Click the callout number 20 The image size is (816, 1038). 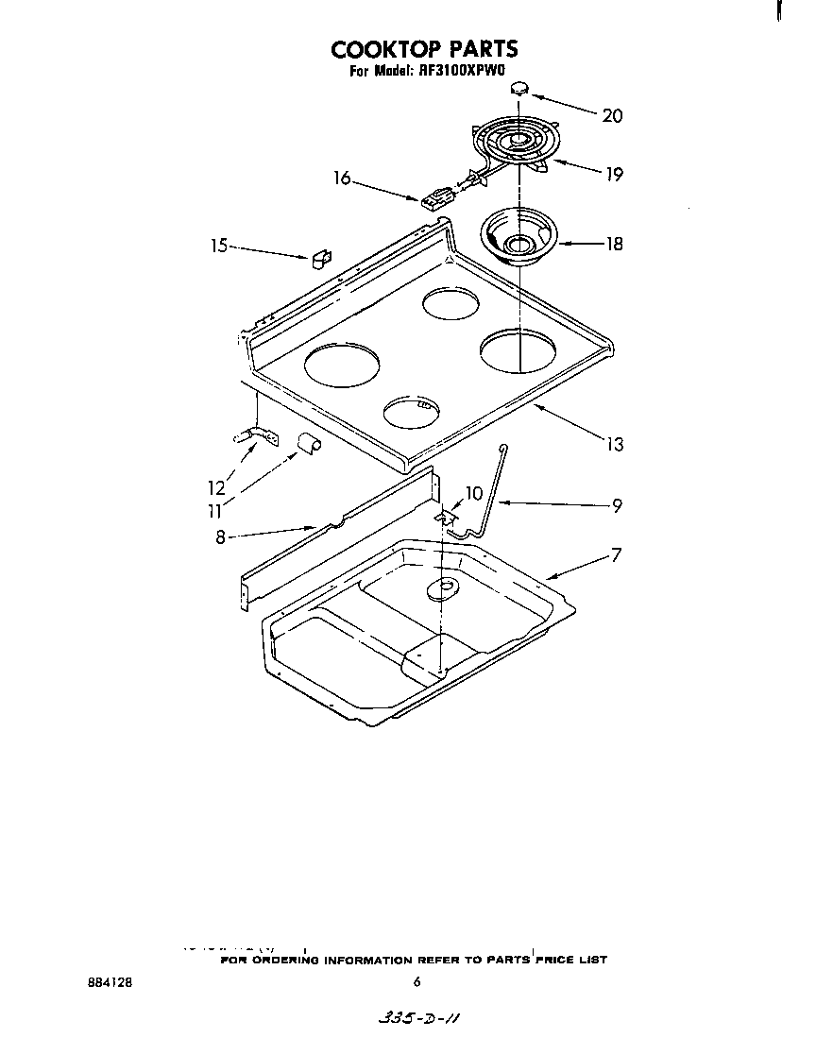(612, 116)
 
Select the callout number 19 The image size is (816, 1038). (614, 174)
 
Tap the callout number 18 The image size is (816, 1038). (614, 244)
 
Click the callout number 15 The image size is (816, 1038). (219, 246)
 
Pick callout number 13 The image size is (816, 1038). (614, 444)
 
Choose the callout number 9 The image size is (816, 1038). (616, 505)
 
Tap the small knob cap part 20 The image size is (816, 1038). (518, 89)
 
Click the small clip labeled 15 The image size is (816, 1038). (321, 256)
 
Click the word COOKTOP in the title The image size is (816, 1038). (374, 49)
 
